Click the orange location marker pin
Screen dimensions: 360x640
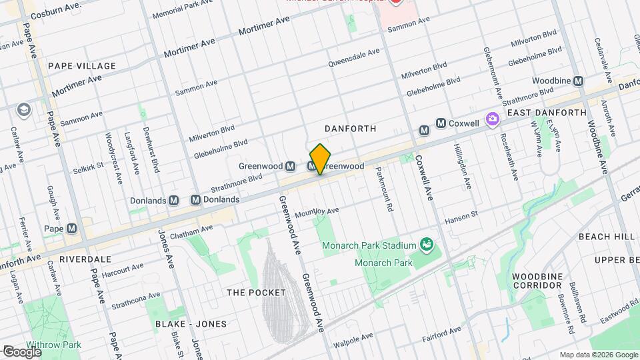pyautogui.click(x=320, y=159)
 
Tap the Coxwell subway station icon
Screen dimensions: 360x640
pyautogui.click(x=441, y=123)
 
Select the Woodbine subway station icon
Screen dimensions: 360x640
pyautogui.click(x=578, y=81)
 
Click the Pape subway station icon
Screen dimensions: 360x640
pyautogui.click(x=71, y=228)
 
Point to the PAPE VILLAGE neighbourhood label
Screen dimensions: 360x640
pyautogui.click(x=82, y=66)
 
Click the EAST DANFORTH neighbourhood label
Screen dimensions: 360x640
pyautogui.click(x=546, y=113)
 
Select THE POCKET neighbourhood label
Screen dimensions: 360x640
pyautogui.click(x=256, y=293)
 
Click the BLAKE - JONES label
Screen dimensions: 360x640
pyautogui.click(x=191, y=324)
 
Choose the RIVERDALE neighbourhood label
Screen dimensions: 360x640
pyautogui.click(x=85, y=259)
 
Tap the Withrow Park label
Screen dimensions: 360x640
pyautogui.click(x=55, y=345)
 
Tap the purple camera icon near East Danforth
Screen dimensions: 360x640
pyautogui.click(x=493, y=119)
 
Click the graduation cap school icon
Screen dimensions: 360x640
pyautogui.click(x=24, y=109)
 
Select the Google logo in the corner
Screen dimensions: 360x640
pyautogui.click(x=22, y=351)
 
